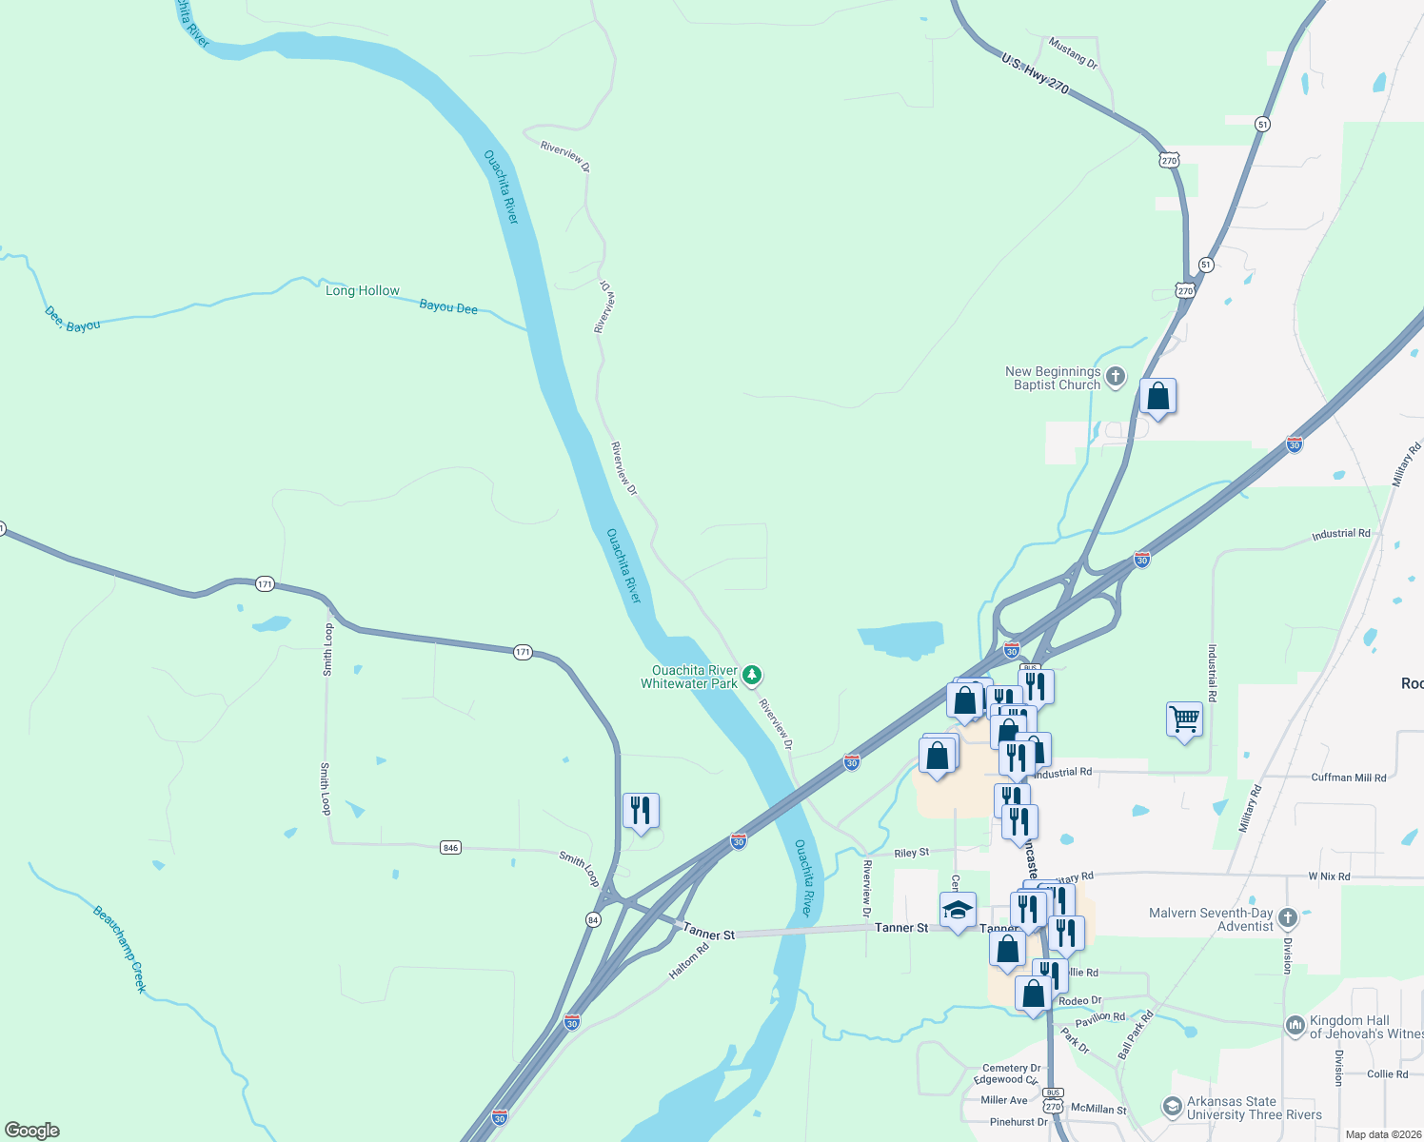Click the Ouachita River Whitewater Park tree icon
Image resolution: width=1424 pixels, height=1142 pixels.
[x=752, y=676]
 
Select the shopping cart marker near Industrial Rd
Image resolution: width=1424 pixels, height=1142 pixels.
[x=1184, y=719]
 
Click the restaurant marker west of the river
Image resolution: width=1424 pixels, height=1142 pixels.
[x=641, y=811]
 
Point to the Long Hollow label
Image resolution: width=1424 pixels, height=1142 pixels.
[x=363, y=290]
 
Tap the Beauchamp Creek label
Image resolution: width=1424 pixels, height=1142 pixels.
[x=120, y=949]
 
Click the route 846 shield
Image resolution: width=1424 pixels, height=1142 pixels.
[x=450, y=847]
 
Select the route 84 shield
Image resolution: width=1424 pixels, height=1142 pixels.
[x=594, y=919]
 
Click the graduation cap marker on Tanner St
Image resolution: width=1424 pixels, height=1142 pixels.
[x=958, y=911]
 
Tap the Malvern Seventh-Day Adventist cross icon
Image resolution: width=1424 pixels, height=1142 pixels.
[x=1288, y=918]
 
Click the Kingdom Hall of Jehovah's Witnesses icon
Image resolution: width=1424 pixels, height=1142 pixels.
[x=1295, y=1025]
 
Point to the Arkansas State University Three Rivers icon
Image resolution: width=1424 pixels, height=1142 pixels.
[x=1172, y=1107]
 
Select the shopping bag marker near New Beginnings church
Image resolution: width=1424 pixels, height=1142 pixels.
[x=1157, y=396]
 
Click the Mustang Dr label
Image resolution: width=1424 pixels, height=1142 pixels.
[x=1073, y=52]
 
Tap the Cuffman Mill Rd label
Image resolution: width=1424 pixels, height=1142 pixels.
[x=1349, y=778]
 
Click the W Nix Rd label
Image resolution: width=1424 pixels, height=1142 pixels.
[x=1329, y=876]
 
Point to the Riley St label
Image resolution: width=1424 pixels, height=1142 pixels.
[x=912, y=853]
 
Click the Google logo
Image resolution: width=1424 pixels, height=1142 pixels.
[x=32, y=1131]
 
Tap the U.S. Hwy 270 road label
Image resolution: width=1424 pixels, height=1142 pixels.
[x=1035, y=73]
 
